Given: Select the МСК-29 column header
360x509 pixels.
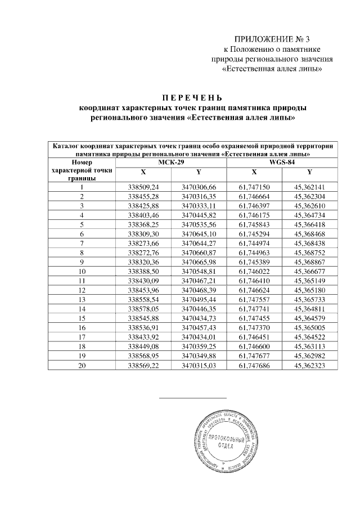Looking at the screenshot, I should click(170, 161).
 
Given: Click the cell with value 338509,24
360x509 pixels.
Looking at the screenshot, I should click(144, 187).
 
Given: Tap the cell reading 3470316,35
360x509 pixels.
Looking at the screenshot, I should click(199, 196).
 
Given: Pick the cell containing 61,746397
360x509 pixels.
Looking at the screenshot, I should click(254, 206).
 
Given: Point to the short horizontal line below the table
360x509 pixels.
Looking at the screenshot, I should click(193, 398).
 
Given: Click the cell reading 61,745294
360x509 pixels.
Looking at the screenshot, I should click(254, 233).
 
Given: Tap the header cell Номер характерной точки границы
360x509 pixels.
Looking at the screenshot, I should click(82, 170).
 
